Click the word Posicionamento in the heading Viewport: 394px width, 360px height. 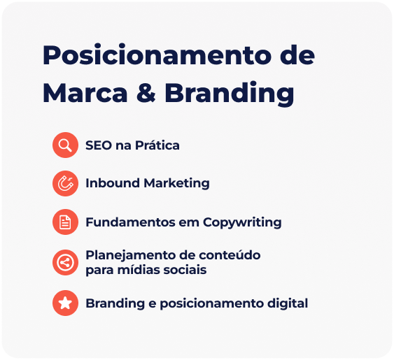pos(157,55)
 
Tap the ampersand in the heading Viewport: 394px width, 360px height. pos(146,93)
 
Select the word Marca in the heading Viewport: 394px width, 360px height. pos(85,93)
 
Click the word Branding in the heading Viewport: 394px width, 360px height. pos(229,94)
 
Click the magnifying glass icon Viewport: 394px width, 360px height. pos(65,145)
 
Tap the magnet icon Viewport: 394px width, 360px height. pos(65,183)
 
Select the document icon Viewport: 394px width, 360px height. pos(65,222)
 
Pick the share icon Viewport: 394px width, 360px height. pos(65,263)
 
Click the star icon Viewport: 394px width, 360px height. pos(65,303)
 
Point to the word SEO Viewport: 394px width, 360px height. pos(99,145)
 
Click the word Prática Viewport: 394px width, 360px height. pos(157,145)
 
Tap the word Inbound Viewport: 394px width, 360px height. pos(112,182)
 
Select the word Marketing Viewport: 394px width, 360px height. pos(176,184)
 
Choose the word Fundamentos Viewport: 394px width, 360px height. pos(130,222)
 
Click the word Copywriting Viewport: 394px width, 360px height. pos(242,223)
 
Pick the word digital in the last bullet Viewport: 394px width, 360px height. pos(288,304)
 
